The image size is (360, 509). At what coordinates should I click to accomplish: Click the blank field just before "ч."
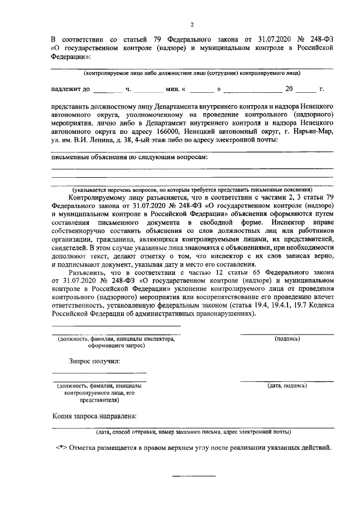[107, 89]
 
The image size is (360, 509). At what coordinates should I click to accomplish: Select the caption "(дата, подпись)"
[287, 386]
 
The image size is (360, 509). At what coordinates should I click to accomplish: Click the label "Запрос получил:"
[94, 361]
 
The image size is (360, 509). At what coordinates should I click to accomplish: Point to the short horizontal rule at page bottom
[193, 476]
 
